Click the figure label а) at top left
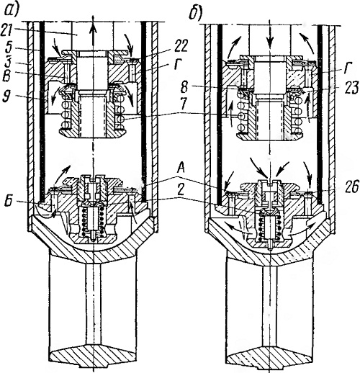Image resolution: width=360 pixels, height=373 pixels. click(11, 10)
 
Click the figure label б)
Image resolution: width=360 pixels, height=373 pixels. click(194, 14)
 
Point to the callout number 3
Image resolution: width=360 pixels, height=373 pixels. click(7, 61)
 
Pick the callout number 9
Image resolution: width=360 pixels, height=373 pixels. click(6, 96)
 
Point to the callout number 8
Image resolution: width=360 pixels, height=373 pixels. click(184, 88)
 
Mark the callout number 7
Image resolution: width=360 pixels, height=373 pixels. click(184, 102)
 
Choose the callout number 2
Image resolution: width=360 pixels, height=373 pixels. click(181, 190)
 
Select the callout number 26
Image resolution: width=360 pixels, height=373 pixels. click(352, 187)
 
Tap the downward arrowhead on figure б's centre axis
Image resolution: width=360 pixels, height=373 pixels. click(271, 39)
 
